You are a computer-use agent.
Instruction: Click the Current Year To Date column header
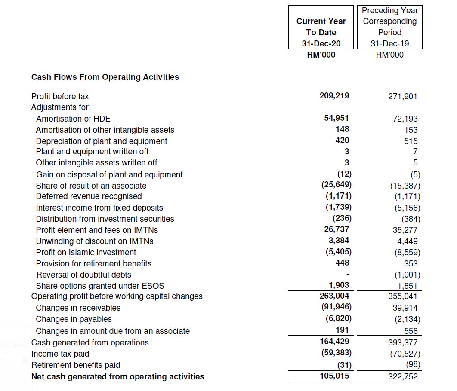tap(321, 27)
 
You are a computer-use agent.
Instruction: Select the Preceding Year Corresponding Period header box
tap(389, 27)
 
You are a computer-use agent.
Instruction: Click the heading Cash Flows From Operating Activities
tap(105, 77)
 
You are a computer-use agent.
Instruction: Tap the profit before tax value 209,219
tap(334, 95)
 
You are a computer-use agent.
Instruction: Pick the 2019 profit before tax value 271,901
tap(402, 97)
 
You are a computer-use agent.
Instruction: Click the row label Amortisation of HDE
tap(73, 119)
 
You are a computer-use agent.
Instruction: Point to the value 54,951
tap(337, 118)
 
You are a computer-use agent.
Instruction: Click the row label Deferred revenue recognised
tap(89, 196)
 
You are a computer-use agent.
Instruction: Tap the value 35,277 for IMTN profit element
tap(405, 230)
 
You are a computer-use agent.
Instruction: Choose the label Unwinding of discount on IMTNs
tap(95, 241)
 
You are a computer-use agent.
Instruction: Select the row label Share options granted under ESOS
tap(100, 286)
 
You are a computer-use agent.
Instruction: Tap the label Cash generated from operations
tap(90, 343)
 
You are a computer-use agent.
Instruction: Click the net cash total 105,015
tap(335, 376)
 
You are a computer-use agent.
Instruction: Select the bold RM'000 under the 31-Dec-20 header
tap(321, 55)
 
